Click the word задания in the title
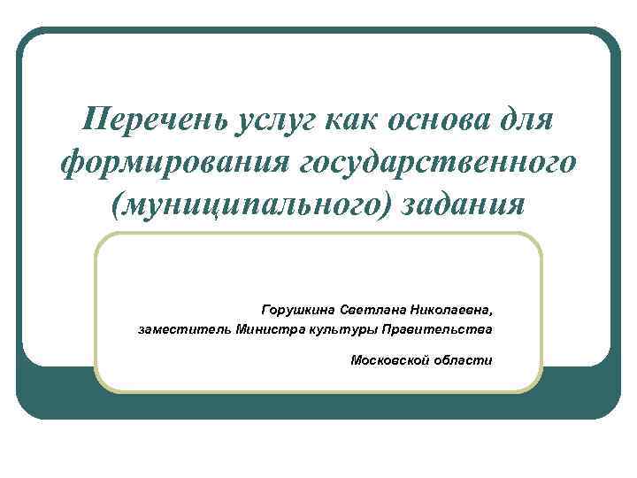(463, 204)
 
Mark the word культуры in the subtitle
(340, 330)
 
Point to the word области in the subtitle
(464, 360)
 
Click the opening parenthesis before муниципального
(117, 205)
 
